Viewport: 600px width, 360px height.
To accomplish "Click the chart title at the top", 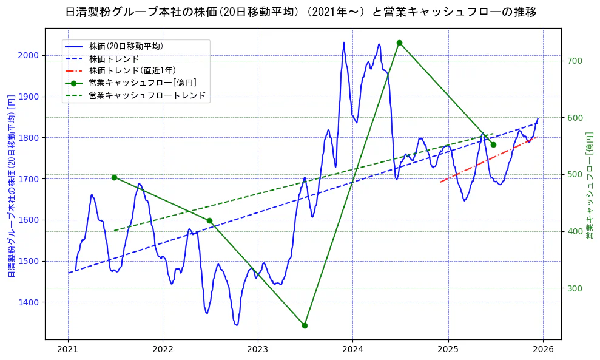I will pos(300,12).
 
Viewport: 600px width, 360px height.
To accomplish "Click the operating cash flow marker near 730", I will pos(399,42).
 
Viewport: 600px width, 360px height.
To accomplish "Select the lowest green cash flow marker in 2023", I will pos(305,325).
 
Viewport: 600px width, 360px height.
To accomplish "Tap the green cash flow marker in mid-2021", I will pos(114,177).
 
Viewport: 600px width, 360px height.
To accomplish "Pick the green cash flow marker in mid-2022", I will pos(209,220).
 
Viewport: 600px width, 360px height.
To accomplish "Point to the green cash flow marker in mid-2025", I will pos(493,144).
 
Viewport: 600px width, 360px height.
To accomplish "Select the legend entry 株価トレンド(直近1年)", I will pos(132,70).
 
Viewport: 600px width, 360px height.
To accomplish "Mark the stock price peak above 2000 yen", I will pos(343,42).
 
